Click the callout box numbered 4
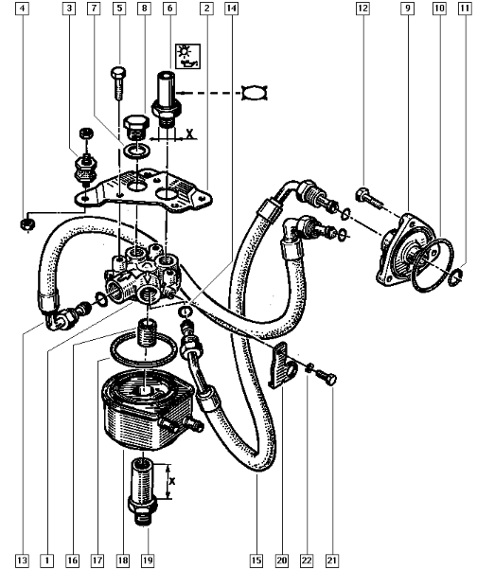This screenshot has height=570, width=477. coord(23,8)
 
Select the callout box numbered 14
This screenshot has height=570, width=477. coord(231,8)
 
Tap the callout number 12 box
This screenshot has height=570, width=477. coord(362,8)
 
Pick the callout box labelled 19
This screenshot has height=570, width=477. coord(148,560)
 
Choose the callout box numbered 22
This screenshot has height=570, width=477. coord(307,560)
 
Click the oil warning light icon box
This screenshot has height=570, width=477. coord(187,57)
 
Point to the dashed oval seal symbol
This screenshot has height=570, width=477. coord(255,93)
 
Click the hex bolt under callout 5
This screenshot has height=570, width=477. coord(118,82)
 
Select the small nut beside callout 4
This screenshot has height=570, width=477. coord(26,224)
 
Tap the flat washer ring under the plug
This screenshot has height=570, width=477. coord(136,151)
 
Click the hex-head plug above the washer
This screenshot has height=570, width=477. coord(136,128)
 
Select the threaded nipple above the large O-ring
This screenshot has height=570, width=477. coord(147,333)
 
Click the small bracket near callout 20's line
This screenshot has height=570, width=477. coord(282,365)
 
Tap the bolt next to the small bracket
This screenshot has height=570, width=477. coord(326,378)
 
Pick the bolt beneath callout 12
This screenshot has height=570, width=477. coord(369,199)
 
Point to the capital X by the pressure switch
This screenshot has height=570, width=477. coord(190,134)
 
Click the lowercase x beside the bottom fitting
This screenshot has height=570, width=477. coord(172,481)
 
